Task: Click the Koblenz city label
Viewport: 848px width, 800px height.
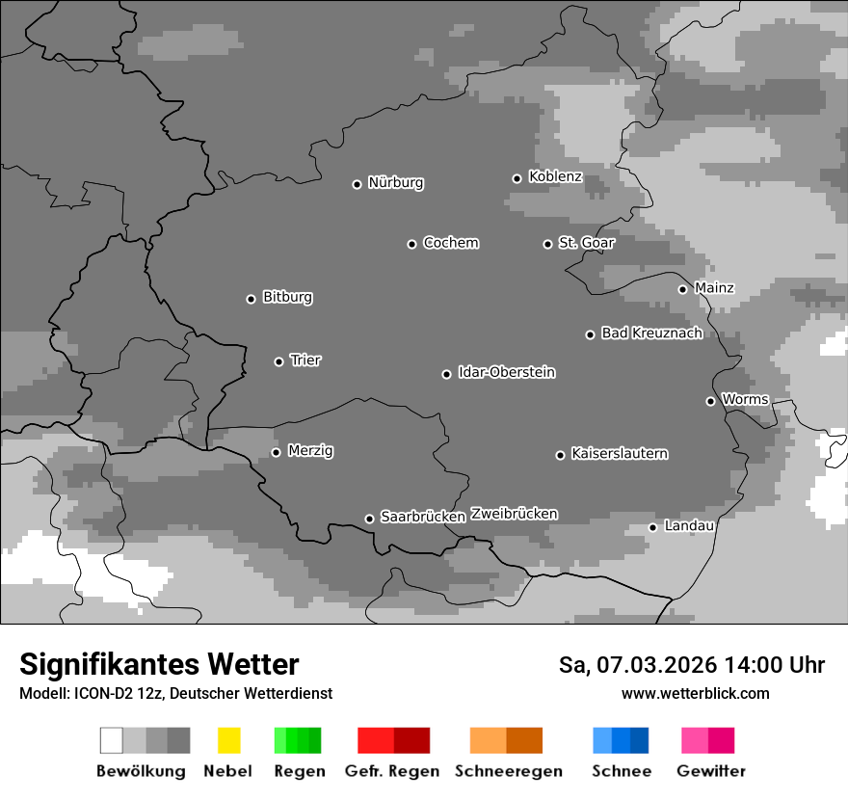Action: (x=555, y=176)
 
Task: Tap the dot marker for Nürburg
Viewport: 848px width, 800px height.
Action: (x=357, y=183)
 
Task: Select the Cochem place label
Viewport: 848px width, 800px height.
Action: (x=450, y=243)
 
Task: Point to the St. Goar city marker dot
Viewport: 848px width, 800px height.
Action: (x=547, y=244)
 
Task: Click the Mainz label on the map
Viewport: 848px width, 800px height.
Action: (x=714, y=288)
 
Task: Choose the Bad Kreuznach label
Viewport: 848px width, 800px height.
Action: (x=651, y=333)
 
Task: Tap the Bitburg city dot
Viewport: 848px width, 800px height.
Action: (x=251, y=299)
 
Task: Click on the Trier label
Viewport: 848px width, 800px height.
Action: (x=305, y=360)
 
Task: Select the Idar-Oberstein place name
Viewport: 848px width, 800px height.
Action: (x=506, y=372)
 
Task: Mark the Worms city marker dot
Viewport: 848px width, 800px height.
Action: (x=710, y=401)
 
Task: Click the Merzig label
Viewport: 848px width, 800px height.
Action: (x=310, y=451)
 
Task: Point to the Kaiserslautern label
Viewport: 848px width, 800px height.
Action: (x=619, y=454)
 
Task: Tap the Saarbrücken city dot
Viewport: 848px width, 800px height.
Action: (x=369, y=519)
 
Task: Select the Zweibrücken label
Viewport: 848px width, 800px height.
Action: (x=514, y=514)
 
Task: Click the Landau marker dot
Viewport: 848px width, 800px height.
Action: (x=652, y=527)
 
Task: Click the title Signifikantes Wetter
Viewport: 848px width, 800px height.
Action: (x=159, y=664)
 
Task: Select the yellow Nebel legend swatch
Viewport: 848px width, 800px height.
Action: (x=228, y=740)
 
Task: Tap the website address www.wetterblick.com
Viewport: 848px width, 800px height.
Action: (x=695, y=693)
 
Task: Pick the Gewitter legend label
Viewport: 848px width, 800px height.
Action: (x=710, y=771)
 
